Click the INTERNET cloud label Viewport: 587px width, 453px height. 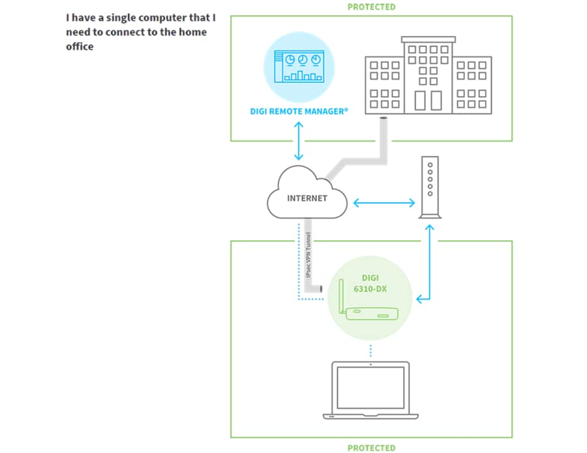point(307,198)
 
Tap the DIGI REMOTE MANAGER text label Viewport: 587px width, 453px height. point(299,112)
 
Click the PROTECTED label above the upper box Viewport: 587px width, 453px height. point(371,7)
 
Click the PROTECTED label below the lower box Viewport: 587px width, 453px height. point(371,447)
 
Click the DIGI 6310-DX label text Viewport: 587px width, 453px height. point(370,283)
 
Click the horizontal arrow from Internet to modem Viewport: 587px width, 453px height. point(384,203)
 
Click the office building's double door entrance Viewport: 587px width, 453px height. point(427,101)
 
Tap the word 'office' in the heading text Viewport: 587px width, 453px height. point(80,46)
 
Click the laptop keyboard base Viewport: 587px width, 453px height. point(370,415)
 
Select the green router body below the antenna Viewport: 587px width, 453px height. point(370,313)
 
